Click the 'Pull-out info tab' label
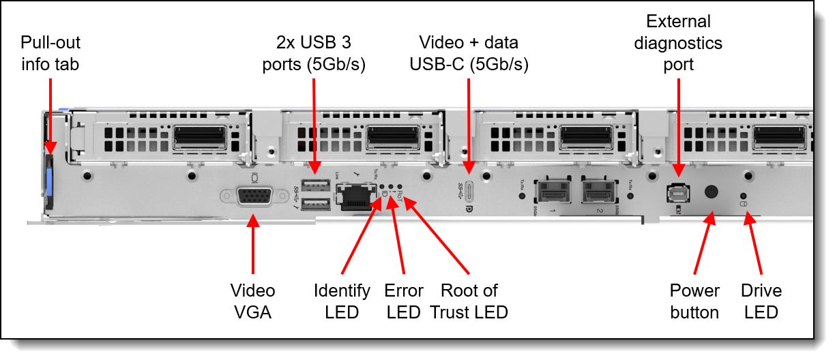50,54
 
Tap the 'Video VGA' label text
253,301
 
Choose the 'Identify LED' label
342,301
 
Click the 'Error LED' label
404,301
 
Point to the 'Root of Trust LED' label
469,301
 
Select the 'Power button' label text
694,301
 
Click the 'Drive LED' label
761,301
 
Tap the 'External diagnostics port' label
678,42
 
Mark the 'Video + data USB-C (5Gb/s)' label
469,54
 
